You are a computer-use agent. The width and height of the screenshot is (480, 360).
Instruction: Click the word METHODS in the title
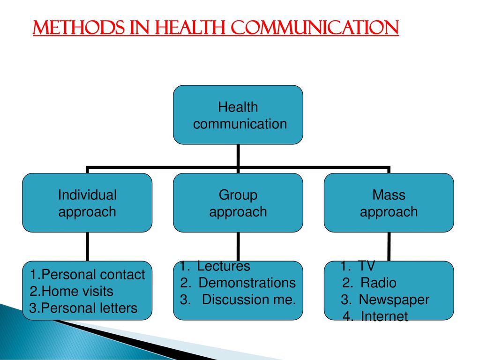click(78, 28)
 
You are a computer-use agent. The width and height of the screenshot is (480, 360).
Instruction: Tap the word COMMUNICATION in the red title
click(315, 28)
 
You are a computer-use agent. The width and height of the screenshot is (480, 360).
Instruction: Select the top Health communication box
click(238, 115)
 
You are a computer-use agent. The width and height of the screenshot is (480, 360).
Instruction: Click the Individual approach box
click(87, 202)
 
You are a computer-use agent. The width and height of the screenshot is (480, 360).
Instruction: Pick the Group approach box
click(238, 202)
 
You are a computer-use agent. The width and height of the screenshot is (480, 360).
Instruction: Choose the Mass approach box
click(389, 202)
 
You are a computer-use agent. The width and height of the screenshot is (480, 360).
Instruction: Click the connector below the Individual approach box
click(88, 247)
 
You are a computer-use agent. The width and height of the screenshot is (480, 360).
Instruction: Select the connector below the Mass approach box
click(389, 247)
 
